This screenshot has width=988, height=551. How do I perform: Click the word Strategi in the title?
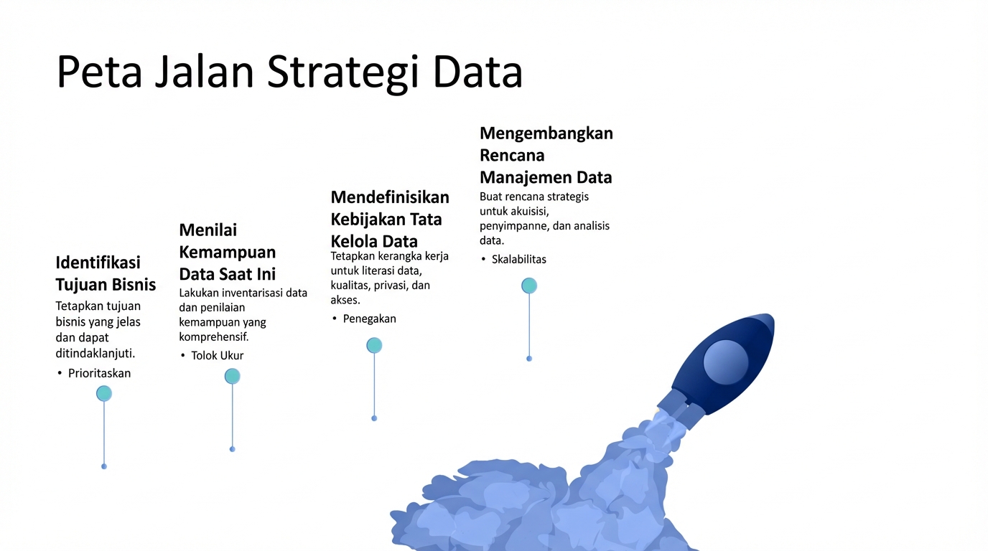pyautogui.click(x=342, y=72)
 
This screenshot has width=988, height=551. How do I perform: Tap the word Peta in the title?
pyautogui.click(x=99, y=72)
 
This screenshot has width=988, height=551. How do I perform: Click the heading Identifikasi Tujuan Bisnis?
pyautogui.click(x=106, y=274)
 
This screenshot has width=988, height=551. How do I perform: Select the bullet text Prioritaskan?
pyautogui.click(x=99, y=373)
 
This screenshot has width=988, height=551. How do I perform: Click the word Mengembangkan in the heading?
pyautogui.click(x=546, y=133)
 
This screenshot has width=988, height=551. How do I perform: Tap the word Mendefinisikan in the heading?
pyautogui.click(x=390, y=197)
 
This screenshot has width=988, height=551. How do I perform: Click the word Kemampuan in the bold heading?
pyautogui.click(x=227, y=253)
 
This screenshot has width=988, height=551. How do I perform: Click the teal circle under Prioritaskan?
pyautogui.click(x=104, y=394)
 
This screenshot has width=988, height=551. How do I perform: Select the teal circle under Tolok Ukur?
pyautogui.click(x=233, y=377)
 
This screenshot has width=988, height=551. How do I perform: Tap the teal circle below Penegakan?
pyautogui.click(x=374, y=346)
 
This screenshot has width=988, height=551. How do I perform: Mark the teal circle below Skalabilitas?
pyautogui.click(x=529, y=286)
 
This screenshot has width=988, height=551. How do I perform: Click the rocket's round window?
pyautogui.click(x=725, y=362)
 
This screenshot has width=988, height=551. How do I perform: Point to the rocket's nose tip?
pyautogui.click(x=773, y=316)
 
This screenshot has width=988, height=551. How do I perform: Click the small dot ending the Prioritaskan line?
pyautogui.click(x=104, y=466)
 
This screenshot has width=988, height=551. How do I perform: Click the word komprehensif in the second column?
pyautogui.click(x=214, y=337)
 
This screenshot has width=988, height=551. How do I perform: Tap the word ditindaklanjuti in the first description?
pyautogui.click(x=95, y=353)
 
